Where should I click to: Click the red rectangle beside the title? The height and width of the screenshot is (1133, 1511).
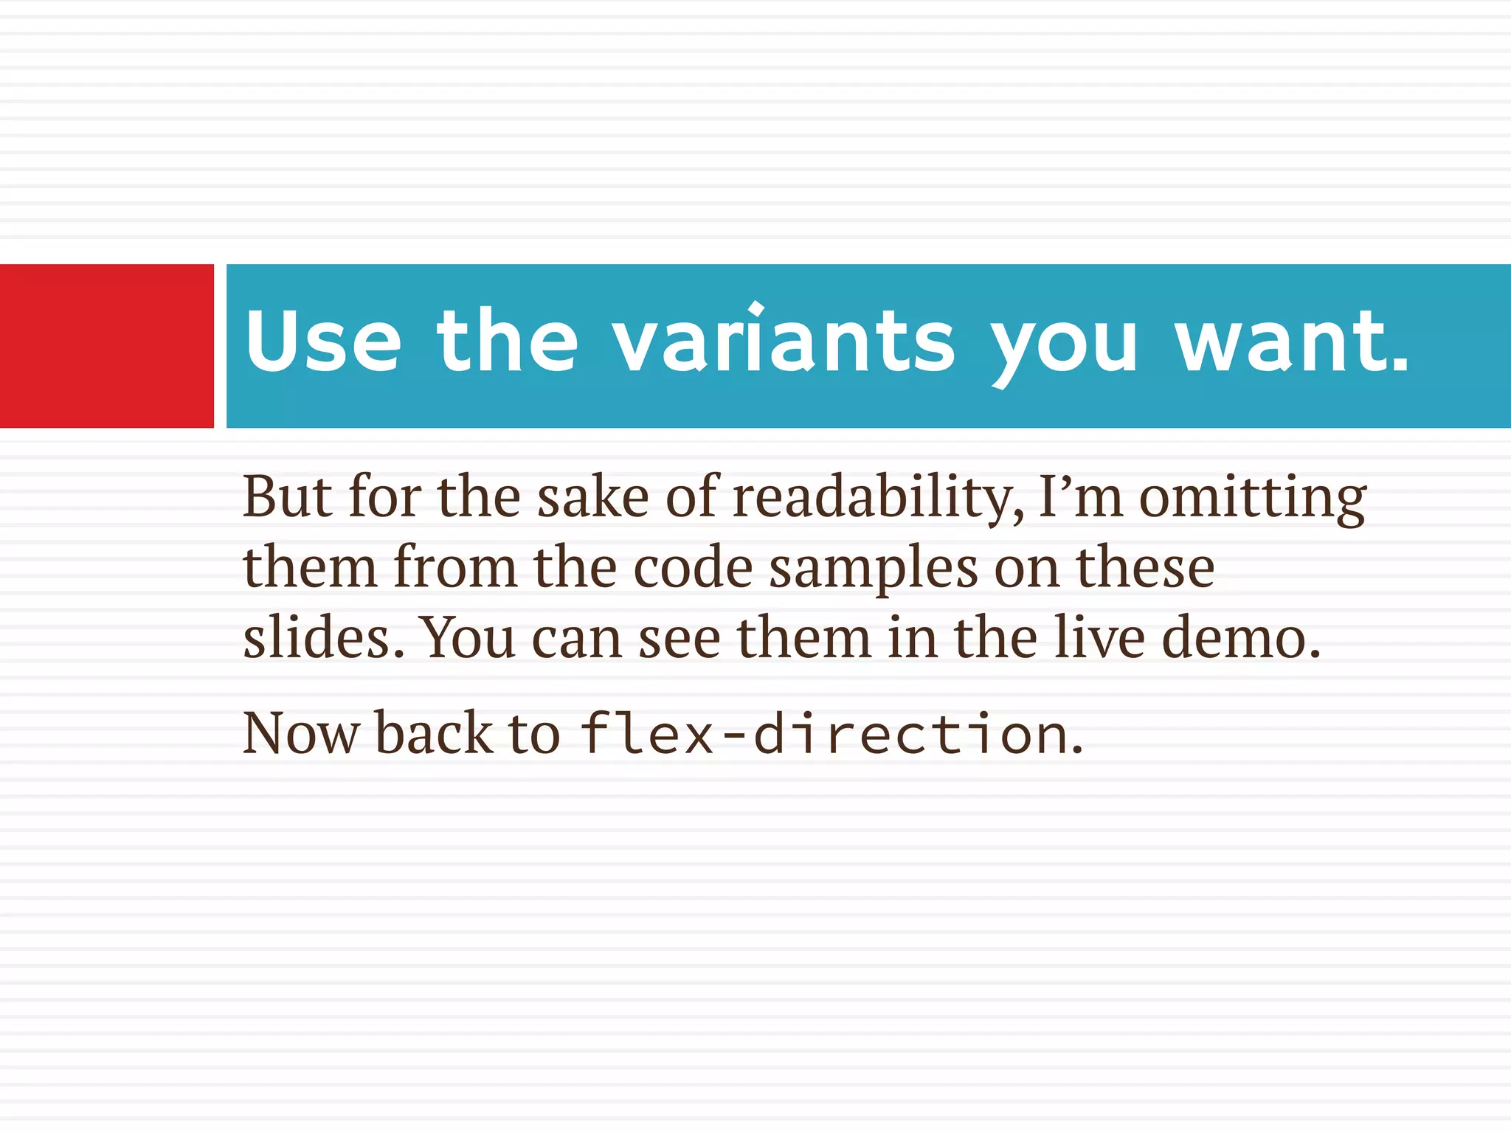106,345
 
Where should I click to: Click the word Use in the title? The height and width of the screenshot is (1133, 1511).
323,341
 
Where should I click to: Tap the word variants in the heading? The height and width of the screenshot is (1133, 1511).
784,341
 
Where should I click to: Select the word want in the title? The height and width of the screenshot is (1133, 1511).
1282,341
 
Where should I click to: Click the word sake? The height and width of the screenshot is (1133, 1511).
592,496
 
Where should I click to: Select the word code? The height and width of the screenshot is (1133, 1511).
693,566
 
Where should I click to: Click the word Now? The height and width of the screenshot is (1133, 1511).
301,733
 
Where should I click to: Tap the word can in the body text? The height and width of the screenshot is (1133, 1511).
576,637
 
